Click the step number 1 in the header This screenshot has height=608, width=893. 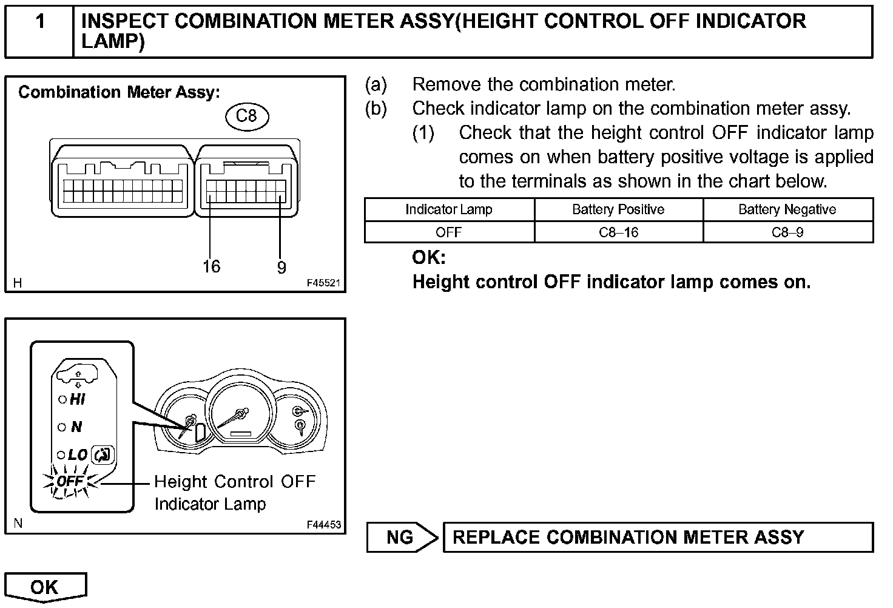[x=39, y=22]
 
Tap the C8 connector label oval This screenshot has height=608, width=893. [x=246, y=116]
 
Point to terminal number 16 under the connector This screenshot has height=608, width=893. [x=211, y=266]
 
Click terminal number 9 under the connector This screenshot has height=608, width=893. [x=281, y=268]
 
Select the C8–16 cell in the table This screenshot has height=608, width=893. [x=618, y=232]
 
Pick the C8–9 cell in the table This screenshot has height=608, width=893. [x=787, y=232]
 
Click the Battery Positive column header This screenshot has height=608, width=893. [x=618, y=209]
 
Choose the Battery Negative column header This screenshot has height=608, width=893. [x=787, y=209]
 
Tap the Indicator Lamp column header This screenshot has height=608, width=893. [x=449, y=209]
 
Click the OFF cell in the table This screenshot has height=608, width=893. [x=449, y=232]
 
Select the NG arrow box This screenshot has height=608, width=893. [x=402, y=537]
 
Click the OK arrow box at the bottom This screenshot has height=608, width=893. [x=45, y=587]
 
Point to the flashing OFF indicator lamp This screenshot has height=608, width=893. [x=70, y=482]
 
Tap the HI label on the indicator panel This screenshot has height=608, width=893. [x=78, y=399]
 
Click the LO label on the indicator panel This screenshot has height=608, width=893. [x=78, y=454]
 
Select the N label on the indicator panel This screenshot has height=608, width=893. [x=76, y=427]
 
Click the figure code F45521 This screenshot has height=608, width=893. [x=323, y=283]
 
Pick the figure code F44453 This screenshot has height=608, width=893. [x=323, y=525]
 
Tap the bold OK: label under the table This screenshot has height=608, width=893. [x=429, y=258]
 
